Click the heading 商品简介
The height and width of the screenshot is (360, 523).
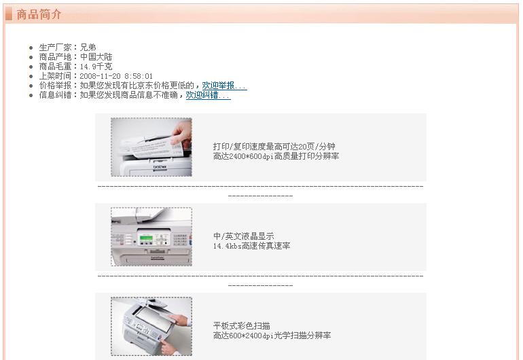(39, 14)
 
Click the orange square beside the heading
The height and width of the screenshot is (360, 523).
(9, 14)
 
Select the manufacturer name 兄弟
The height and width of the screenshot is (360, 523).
(88, 48)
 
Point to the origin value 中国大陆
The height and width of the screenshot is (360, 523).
(96, 57)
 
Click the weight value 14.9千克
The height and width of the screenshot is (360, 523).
(96, 67)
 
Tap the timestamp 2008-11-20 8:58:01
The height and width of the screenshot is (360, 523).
(116, 76)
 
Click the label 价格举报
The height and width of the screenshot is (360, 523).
(56, 86)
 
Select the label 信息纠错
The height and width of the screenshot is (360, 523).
(56, 95)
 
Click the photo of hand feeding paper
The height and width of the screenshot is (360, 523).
(151, 147)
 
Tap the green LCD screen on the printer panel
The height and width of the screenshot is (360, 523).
(146, 238)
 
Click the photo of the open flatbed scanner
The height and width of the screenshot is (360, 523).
(151, 326)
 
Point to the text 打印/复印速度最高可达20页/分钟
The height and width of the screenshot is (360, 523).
(274, 147)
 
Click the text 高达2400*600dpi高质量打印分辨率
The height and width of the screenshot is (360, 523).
(276, 156)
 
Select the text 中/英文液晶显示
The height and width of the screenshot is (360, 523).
(244, 236)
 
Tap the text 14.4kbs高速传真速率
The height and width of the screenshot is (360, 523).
(252, 246)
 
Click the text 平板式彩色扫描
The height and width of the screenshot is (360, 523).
(242, 325)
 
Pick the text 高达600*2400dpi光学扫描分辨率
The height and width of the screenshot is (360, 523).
(272, 336)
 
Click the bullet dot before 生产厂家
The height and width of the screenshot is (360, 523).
(31, 48)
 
